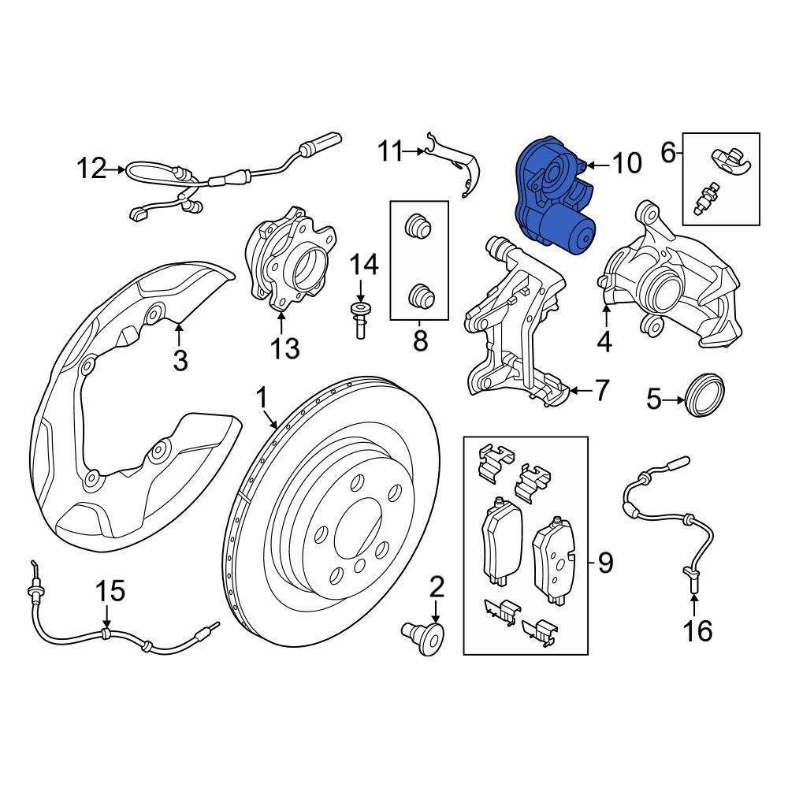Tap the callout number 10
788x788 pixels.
tap(626, 163)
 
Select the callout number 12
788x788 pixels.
tap(91, 169)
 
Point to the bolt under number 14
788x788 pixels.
tap(360, 320)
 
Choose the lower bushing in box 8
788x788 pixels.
tap(420, 295)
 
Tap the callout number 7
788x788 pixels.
tap(601, 391)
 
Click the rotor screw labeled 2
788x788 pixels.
tap(426, 638)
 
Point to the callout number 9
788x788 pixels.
tap(605, 563)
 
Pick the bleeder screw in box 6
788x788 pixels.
tap(707, 198)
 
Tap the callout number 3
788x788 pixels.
tap(180, 360)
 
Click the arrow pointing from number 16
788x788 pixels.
tap(694, 605)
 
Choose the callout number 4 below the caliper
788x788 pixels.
tap(604, 341)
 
